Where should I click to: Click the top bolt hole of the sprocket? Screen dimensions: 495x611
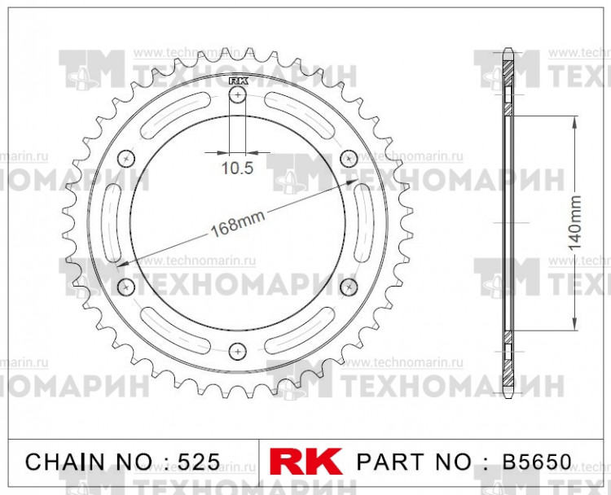click(x=237, y=96)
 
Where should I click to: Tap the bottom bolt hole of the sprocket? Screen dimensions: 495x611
click(x=237, y=350)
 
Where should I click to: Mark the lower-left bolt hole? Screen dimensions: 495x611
click(x=125, y=286)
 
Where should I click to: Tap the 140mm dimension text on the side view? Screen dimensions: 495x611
click(x=577, y=222)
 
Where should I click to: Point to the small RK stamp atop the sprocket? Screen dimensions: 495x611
click(x=237, y=81)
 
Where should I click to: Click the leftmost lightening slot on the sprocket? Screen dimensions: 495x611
click(x=111, y=221)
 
